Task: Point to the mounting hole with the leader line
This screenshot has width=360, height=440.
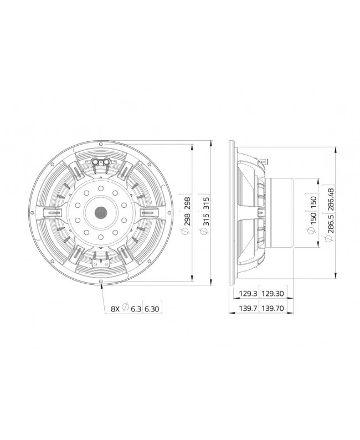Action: click(x=102, y=282)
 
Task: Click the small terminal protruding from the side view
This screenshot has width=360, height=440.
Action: click(x=265, y=161)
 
